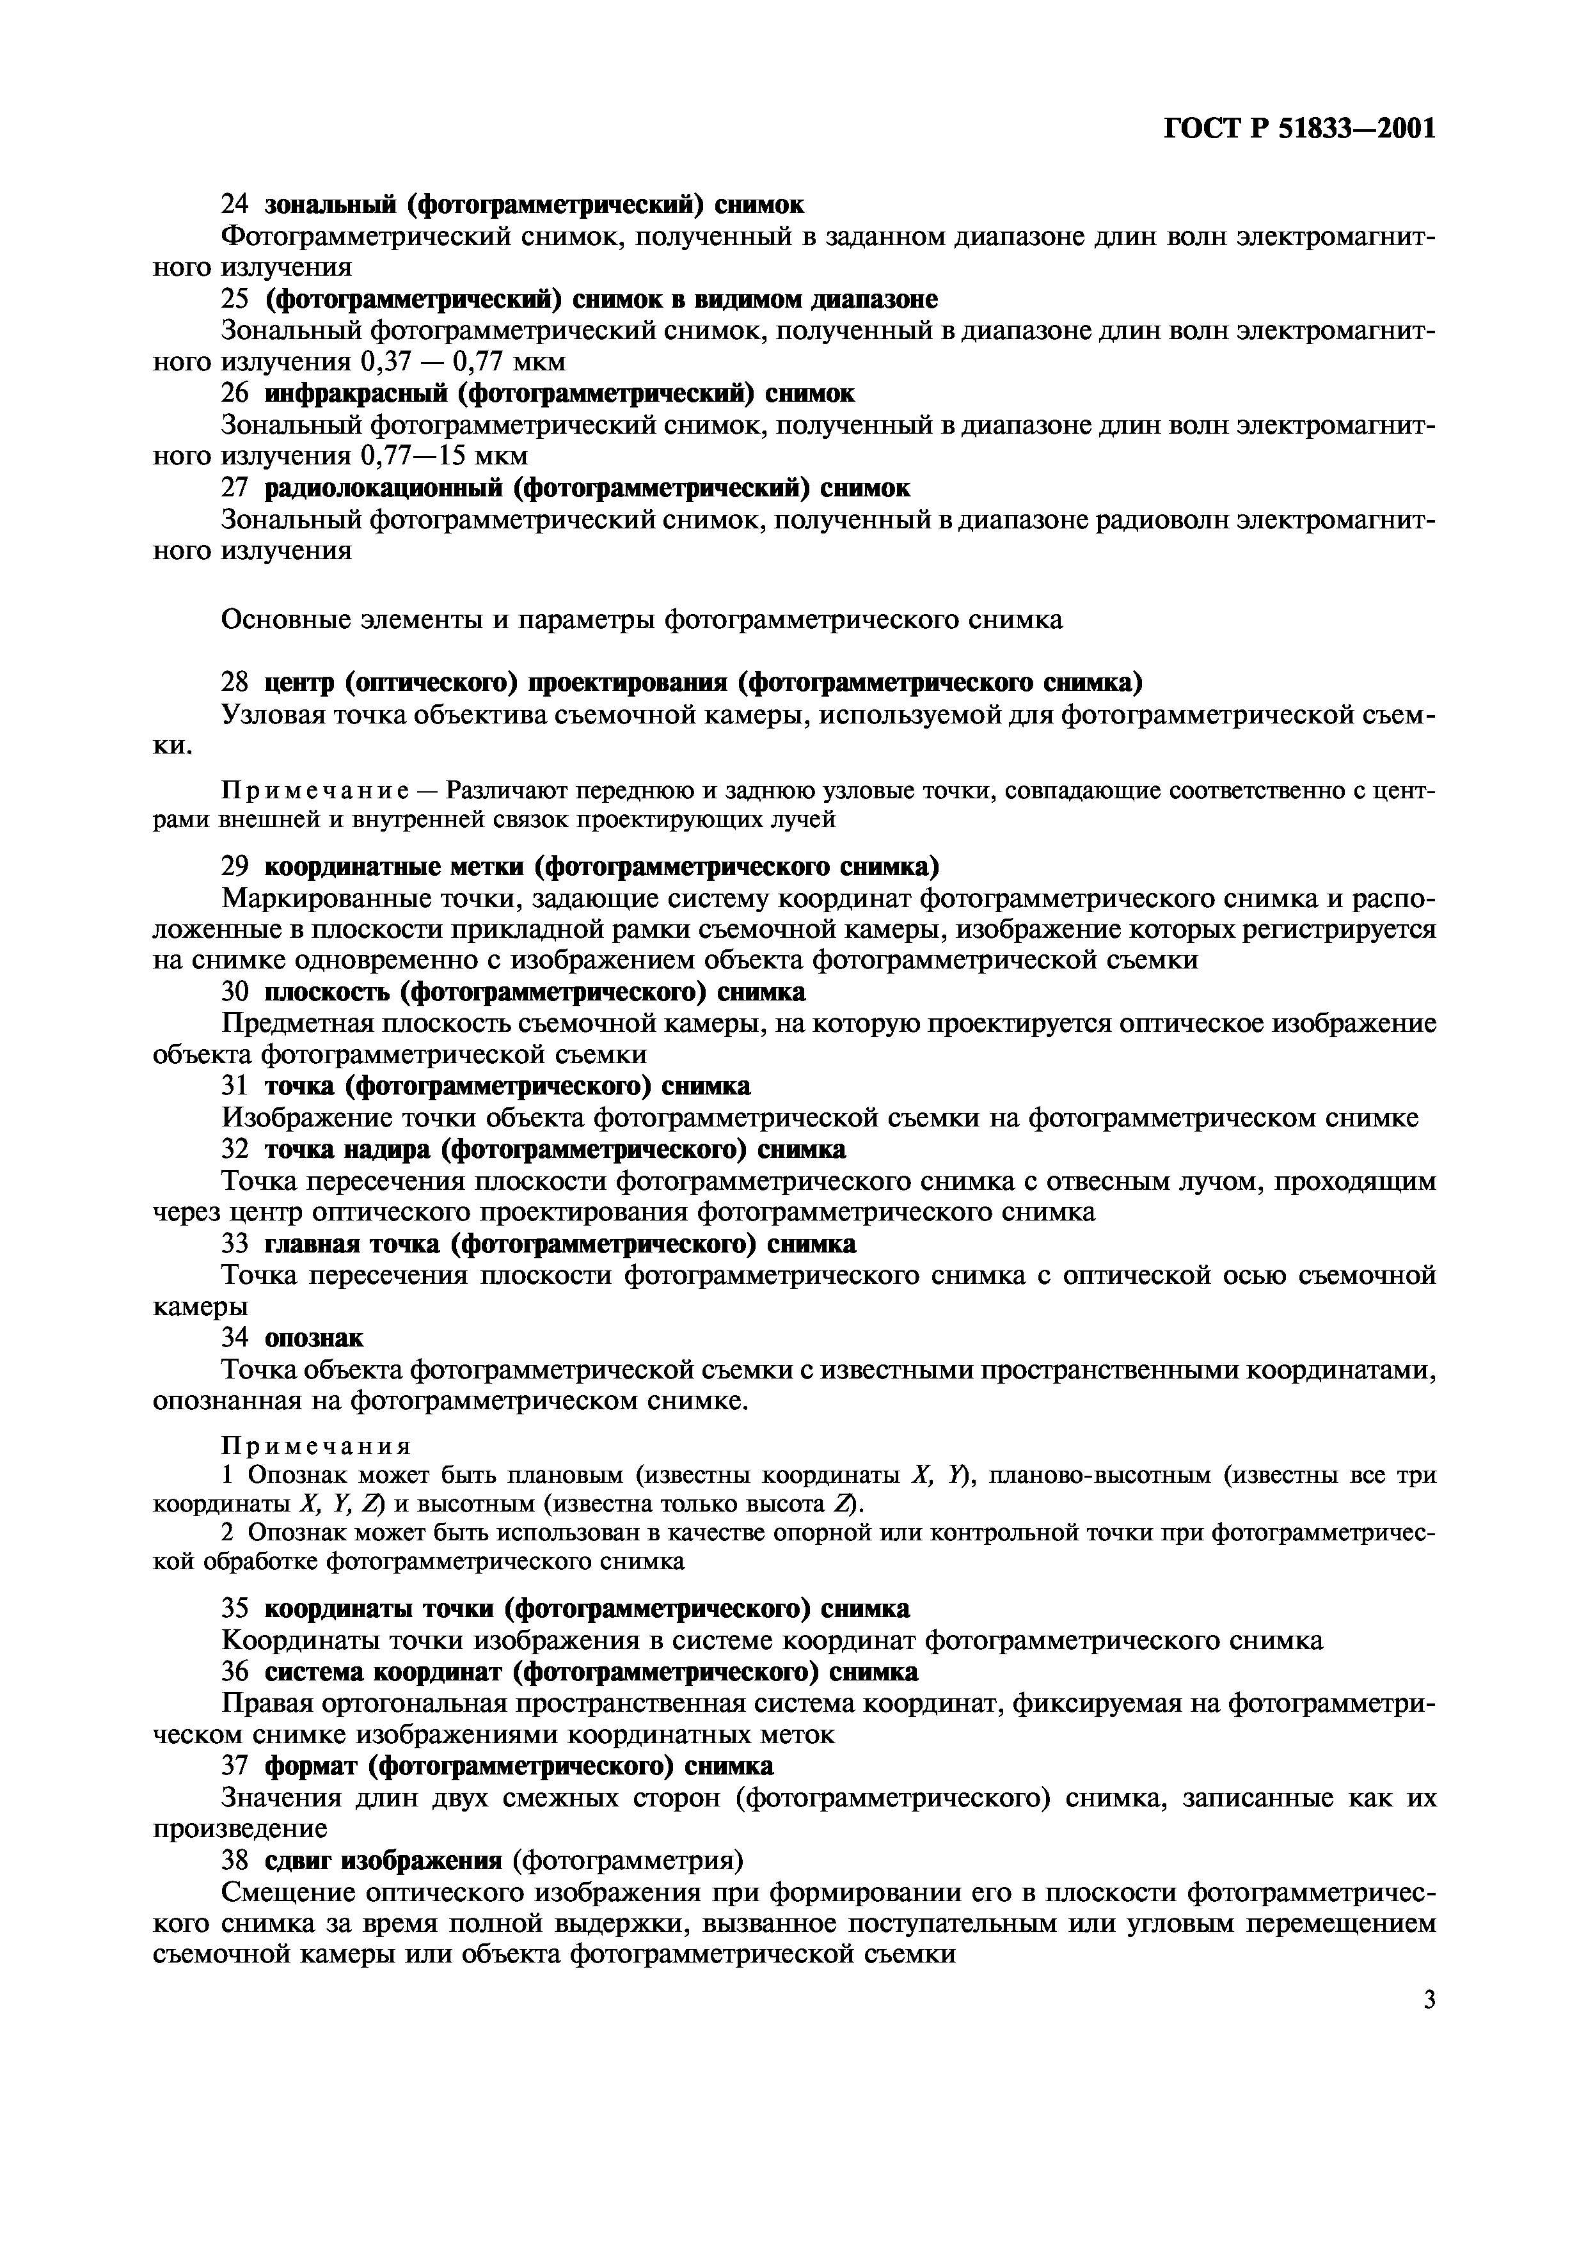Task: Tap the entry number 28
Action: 235,681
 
